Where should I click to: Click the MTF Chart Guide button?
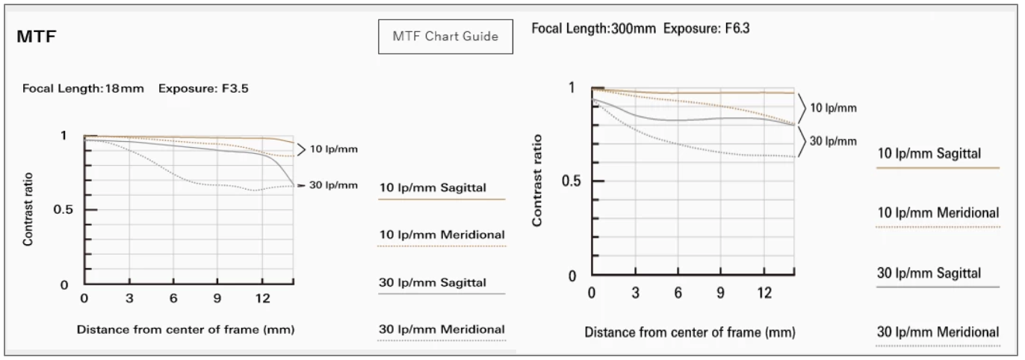[446, 37]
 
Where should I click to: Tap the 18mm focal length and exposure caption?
[136, 88]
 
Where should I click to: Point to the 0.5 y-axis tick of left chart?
[64, 210]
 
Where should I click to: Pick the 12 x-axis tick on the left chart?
[261, 299]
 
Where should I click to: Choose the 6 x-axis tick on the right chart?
[678, 291]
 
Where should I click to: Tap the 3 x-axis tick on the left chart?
[129, 299]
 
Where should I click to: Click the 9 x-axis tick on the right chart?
[722, 291]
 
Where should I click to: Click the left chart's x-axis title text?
[185, 329]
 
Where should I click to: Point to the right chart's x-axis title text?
[690, 331]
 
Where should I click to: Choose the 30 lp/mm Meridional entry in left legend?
[442, 329]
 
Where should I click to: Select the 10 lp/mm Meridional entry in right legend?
[938, 214]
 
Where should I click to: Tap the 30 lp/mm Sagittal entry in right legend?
[929, 273]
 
